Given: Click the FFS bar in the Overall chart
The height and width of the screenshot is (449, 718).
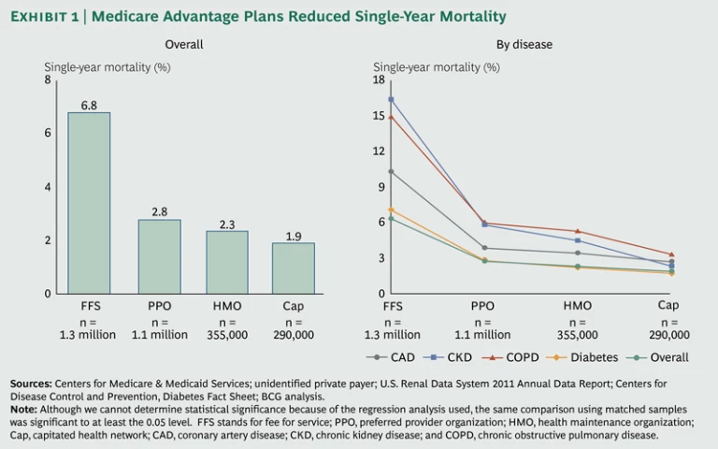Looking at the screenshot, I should click(x=90, y=203).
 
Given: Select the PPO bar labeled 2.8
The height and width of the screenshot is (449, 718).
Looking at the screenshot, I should click(x=159, y=256).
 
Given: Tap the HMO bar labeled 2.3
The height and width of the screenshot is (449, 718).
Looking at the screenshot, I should click(x=227, y=263).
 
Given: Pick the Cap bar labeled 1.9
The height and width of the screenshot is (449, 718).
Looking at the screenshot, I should click(x=294, y=268).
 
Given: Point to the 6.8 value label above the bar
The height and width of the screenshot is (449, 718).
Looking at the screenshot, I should click(x=90, y=106).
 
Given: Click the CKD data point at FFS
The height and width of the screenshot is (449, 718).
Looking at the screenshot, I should click(x=391, y=99).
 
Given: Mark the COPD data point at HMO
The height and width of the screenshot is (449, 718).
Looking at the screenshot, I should click(x=578, y=231).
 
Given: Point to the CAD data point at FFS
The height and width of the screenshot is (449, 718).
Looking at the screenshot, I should click(x=391, y=172).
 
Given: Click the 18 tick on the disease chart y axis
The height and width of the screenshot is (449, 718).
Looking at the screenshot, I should click(x=379, y=80).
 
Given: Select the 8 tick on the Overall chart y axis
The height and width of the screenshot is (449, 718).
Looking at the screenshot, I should click(x=48, y=80).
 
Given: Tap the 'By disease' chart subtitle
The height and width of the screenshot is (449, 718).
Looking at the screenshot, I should click(x=524, y=44).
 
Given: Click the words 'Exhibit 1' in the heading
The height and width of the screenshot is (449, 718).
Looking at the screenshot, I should click(x=46, y=16).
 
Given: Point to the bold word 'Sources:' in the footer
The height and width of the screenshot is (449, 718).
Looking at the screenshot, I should click(x=31, y=384).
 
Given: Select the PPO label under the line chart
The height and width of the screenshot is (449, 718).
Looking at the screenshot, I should click(x=482, y=306).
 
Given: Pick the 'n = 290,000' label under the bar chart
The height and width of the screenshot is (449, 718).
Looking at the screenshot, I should click(x=294, y=328).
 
